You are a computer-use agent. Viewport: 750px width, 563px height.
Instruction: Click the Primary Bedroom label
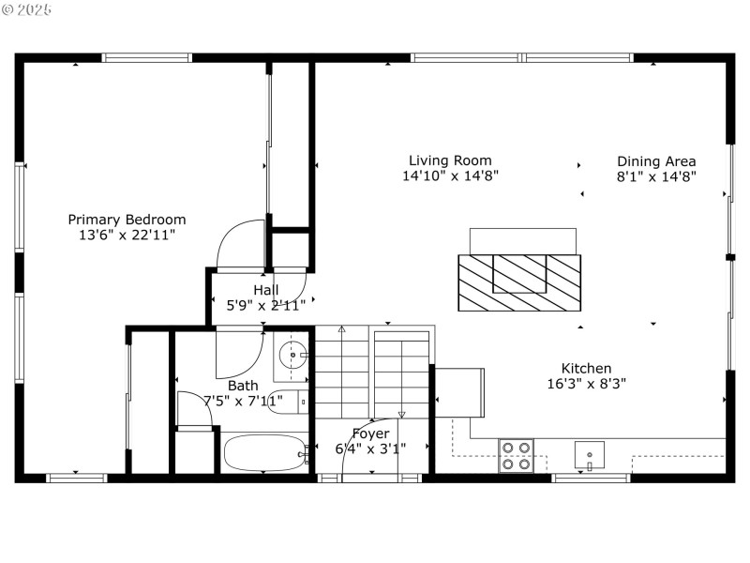pyautogui.click(x=127, y=220)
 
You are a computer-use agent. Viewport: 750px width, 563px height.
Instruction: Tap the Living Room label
pyautogui.click(x=450, y=160)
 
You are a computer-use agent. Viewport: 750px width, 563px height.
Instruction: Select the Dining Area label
pyautogui.click(x=656, y=160)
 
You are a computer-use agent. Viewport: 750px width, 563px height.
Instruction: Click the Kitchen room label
pyautogui.click(x=586, y=368)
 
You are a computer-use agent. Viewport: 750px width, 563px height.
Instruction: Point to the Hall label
pyautogui.click(x=265, y=290)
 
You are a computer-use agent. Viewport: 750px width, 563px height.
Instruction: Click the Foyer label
pyautogui.click(x=370, y=434)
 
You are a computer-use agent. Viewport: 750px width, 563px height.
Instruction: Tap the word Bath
pyautogui.click(x=243, y=385)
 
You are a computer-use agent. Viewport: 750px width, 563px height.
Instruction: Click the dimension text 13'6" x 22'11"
pyautogui.click(x=127, y=235)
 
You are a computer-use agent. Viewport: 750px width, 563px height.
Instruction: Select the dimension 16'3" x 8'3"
pyautogui.click(x=586, y=383)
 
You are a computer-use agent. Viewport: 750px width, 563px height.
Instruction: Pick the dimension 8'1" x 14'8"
pyautogui.click(x=656, y=175)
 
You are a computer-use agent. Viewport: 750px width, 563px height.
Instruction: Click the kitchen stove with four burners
pyautogui.click(x=516, y=455)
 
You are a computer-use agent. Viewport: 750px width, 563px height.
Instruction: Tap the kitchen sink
pyautogui.click(x=589, y=455)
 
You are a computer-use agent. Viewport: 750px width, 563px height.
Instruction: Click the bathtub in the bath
pyautogui.click(x=265, y=454)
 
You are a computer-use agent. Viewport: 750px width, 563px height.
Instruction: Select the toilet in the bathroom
pyautogui.click(x=285, y=403)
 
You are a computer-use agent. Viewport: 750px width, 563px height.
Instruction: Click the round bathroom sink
pyautogui.click(x=292, y=355)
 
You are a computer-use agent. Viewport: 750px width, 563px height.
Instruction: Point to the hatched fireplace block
pyautogui.click(x=518, y=282)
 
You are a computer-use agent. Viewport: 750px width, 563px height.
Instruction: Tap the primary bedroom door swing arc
pyautogui.click(x=242, y=242)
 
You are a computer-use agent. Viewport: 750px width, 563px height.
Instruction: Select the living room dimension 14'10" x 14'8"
pyautogui.click(x=450, y=175)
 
